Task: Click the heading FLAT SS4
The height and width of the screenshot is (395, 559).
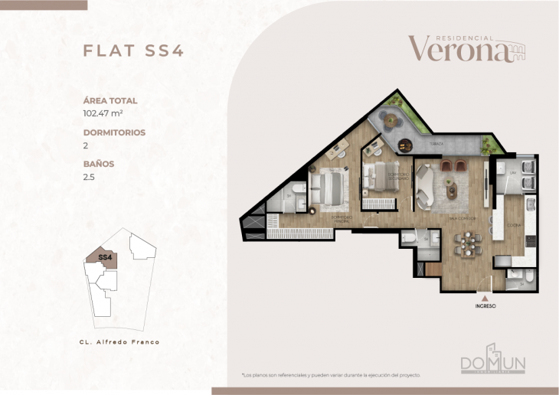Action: coord(132,51)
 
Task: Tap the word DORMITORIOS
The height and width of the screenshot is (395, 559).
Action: coord(114,132)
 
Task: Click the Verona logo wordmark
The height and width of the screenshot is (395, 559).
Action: coord(458,49)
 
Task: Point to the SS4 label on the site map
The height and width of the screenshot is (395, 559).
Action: coord(106,258)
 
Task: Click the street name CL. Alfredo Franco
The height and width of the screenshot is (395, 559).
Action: coord(119,342)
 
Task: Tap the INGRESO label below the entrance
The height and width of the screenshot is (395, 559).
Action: coord(484,306)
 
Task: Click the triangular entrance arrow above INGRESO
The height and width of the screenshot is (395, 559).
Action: coord(484,297)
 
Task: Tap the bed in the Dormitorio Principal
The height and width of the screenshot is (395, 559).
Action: coord(332,188)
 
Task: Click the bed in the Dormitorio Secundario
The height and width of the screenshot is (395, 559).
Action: coord(378,175)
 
